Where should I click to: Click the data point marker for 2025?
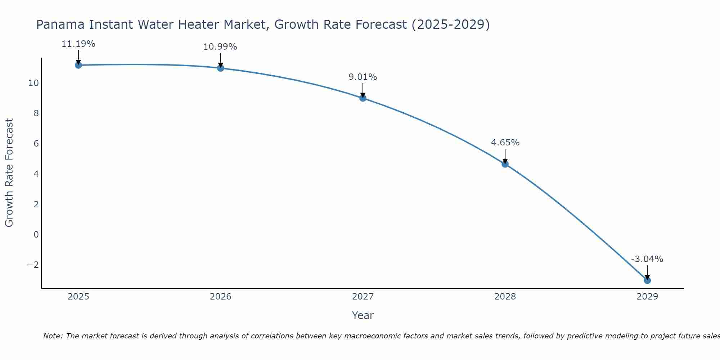click(78, 65)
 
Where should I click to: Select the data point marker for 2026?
click(221, 68)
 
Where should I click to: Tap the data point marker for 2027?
click(363, 98)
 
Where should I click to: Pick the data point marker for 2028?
click(505, 164)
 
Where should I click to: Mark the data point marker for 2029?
click(647, 280)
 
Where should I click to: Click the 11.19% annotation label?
click(78, 44)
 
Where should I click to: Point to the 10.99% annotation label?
click(220, 47)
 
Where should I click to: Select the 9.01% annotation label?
click(363, 77)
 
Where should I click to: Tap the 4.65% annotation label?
click(505, 143)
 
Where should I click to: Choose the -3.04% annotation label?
click(647, 259)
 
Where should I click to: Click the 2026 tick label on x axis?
click(221, 297)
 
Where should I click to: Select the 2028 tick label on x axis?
click(505, 297)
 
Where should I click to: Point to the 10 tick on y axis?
click(33, 83)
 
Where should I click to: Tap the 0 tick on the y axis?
click(36, 235)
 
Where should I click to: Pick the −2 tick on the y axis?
click(33, 265)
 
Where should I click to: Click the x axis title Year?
click(363, 315)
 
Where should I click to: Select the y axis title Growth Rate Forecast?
click(9, 172)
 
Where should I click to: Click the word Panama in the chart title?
click(61, 25)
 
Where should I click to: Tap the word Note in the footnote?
click(53, 336)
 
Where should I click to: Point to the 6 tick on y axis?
click(36, 144)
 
